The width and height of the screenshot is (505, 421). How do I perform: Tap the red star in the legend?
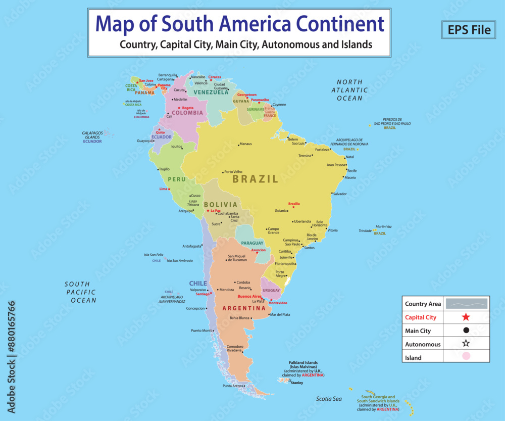tap(466, 317)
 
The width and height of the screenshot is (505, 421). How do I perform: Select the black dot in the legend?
tap(466, 331)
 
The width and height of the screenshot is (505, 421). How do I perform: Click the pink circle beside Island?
tap(466, 357)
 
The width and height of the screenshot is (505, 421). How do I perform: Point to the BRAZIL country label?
tap(255, 179)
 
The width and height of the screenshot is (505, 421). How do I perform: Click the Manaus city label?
tap(245, 144)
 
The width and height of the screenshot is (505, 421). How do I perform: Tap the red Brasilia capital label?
tap(294, 204)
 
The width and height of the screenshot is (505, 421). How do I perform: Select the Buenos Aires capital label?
tap(249, 296)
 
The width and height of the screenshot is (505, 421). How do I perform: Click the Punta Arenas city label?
tap(233, 386)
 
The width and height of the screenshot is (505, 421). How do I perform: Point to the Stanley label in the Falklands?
tap(297, 383)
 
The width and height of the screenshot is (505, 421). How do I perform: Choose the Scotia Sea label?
tap(329, 399)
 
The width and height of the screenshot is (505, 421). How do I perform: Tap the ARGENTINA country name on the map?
tap(244, 308)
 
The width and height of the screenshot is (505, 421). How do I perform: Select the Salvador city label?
tap(340, 194)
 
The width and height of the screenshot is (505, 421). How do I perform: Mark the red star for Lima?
tap(169, 189)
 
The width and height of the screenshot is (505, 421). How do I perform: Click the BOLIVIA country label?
tap(220, 205)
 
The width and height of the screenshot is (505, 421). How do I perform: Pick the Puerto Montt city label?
tap(201, 331)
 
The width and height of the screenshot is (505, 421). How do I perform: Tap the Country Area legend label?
tap(423, 304)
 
